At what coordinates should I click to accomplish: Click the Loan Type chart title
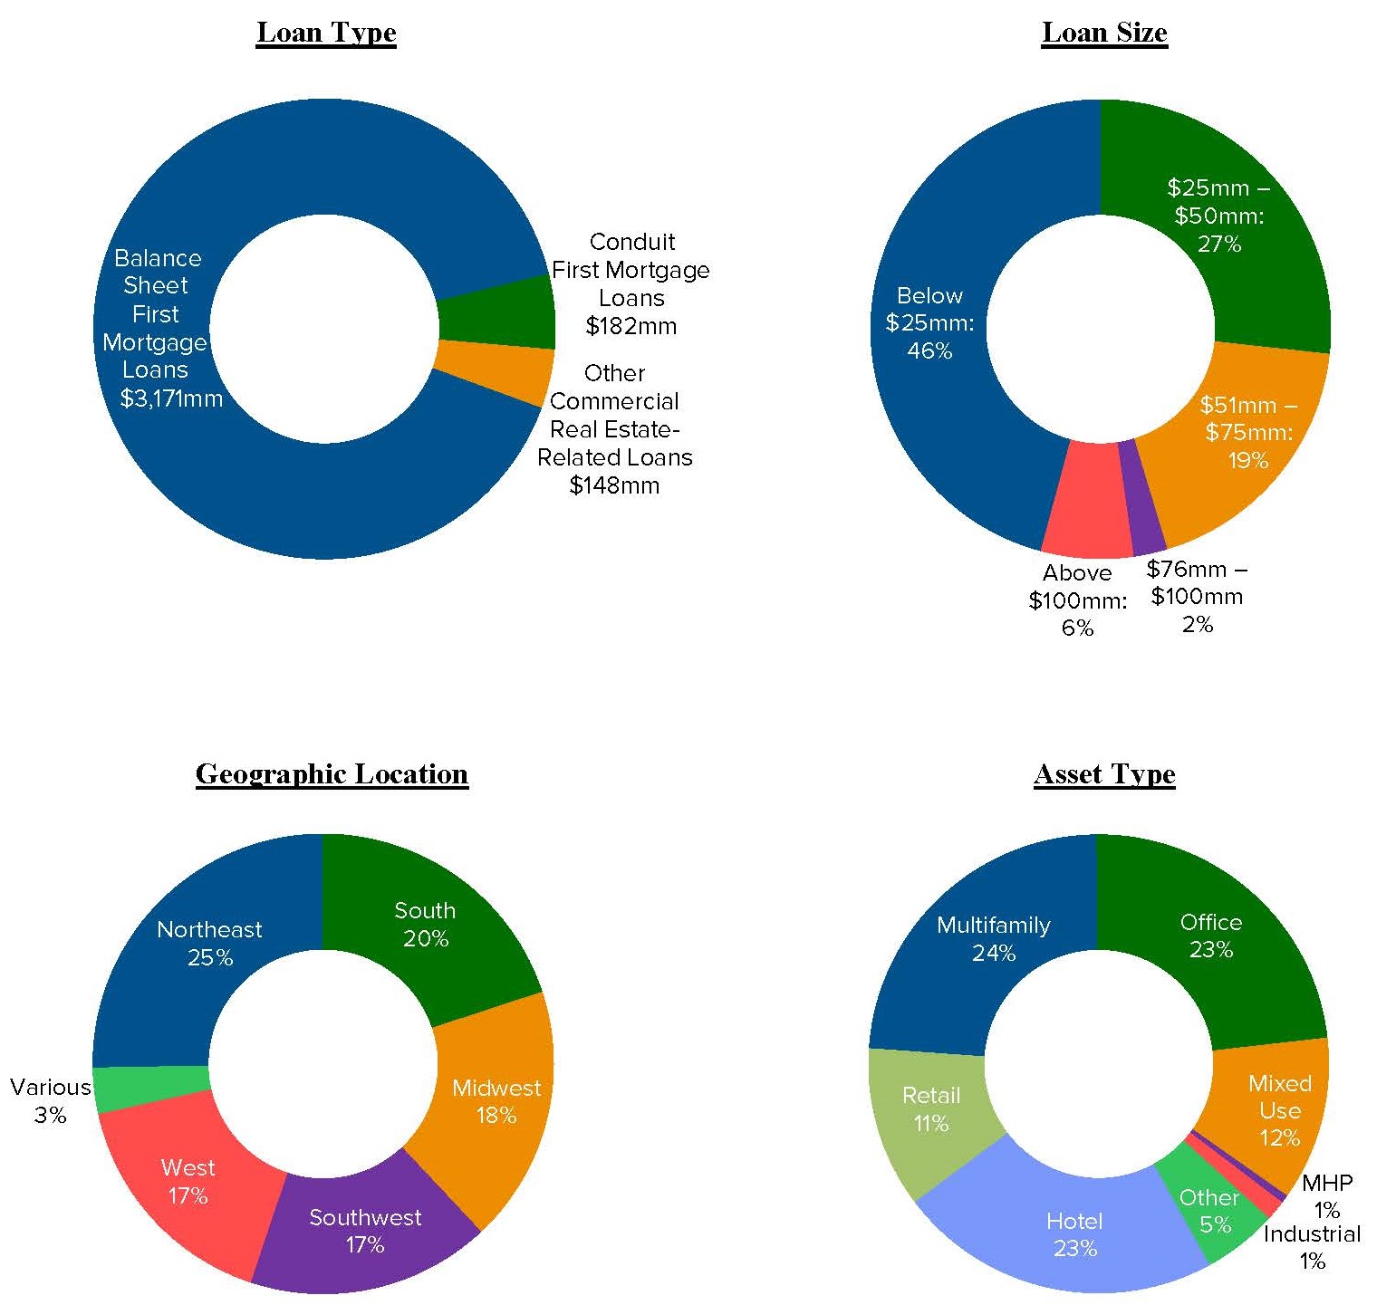pos(326,33)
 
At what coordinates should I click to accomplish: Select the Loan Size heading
pos(1104,33)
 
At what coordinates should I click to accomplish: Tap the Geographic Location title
pos(332,774)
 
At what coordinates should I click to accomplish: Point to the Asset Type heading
pos(1104,774)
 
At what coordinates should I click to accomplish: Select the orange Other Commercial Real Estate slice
pos(494,372)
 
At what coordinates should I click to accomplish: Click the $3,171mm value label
pos(171,398)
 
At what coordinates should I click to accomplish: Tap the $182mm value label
pos(631,326)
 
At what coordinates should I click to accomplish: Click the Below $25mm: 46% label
pos(929,323)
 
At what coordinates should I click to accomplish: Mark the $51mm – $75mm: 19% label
pos(1248,433)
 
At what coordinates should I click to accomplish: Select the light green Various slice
pos(151,1087)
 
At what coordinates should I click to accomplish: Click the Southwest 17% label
pos(365,1231)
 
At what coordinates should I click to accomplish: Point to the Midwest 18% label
pos(496,1101)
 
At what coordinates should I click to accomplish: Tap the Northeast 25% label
pos(209,943)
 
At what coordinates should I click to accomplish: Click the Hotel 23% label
pos(1074,1234)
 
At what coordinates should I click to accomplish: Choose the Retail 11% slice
pos(931,1109)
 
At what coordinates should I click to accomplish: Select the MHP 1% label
pos(1327,1196)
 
